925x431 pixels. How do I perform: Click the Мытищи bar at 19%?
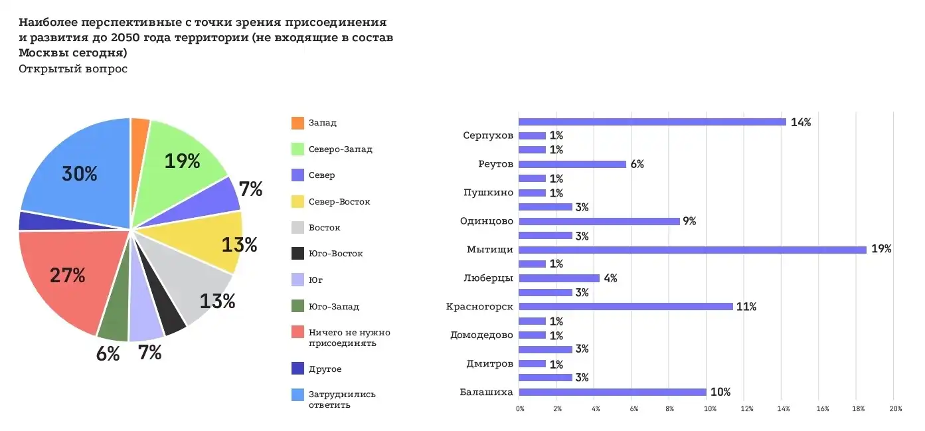(692, 250)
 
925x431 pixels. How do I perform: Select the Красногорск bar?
(625, 307)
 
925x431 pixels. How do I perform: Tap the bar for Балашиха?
(612, 392)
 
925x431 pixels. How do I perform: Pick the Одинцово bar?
(599, 221)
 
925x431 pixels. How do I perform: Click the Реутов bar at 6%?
(572, 164)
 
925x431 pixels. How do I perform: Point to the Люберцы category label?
(488, 278)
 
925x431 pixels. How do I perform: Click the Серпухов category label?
(488, 135)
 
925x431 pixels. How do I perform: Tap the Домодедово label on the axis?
(481, 335)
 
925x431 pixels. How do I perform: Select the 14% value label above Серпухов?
(800, 122)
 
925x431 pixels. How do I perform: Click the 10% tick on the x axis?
(709, 408)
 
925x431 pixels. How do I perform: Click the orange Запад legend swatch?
(297, 123)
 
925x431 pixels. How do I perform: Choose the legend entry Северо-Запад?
(340, 149)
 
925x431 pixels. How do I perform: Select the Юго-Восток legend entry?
(335, 254)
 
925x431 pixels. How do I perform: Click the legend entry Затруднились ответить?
(341, 399)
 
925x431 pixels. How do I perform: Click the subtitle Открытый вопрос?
(73, 69)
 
